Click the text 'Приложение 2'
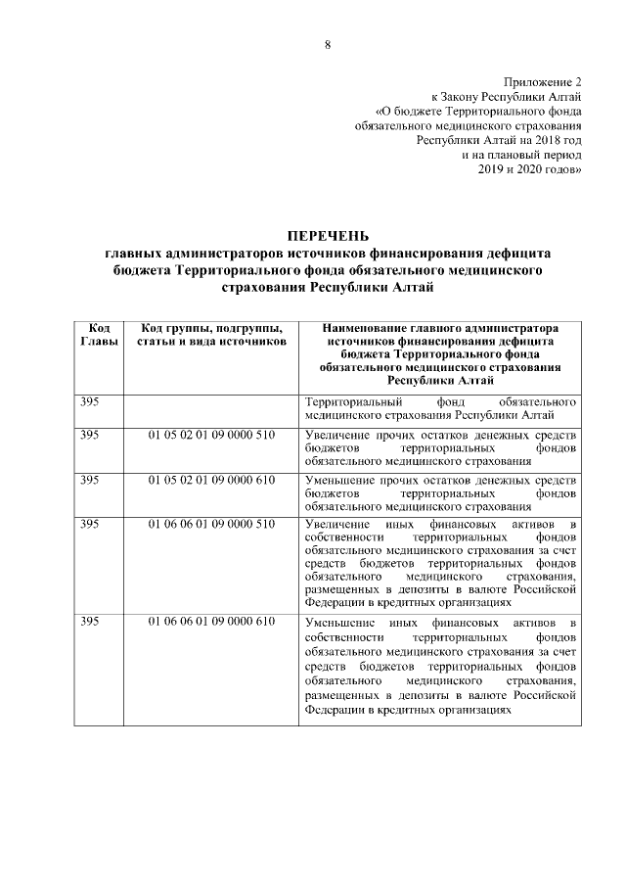click(x=543, y=83)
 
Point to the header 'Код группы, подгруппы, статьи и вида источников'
click(x=211, y=334)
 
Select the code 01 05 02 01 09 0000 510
click(x=211, y=434)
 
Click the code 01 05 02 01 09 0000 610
click(x=211, y=480)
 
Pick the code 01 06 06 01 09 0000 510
click(x=211, y=526)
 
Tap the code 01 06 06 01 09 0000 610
click(x=211, y=623)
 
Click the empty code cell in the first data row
click(x=211, y=409)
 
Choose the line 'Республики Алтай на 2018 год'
click(x=499, y=141)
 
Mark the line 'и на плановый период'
click(x=522, y=155)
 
